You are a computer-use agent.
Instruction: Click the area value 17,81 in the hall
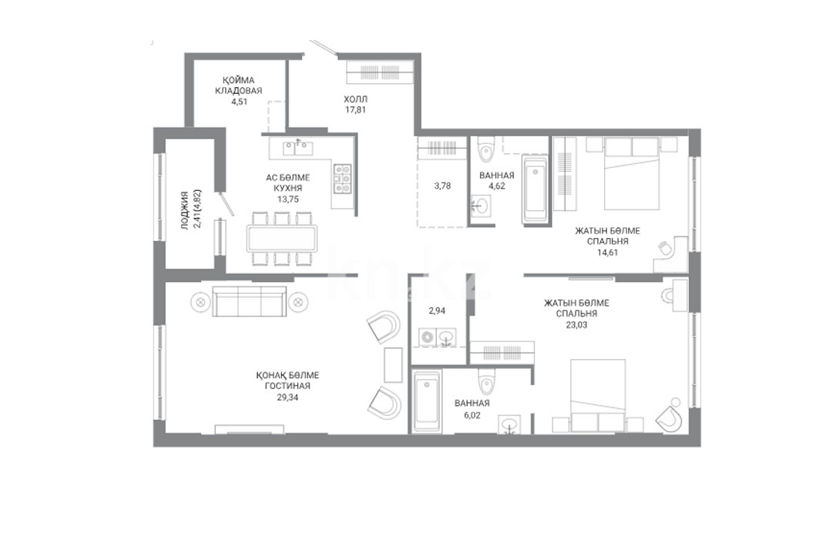coord(355,109)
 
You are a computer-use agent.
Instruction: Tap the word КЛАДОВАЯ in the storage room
coord(239,91)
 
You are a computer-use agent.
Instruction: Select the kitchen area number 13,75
coord(288,199)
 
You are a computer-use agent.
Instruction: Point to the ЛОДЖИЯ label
coord(184,210)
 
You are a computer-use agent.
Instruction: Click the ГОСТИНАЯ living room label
coord(287,386)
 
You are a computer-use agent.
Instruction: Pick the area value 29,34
coord(287,397)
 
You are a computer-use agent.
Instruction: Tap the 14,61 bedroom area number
coord(607,252)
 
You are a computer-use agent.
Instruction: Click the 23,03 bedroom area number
coord(576,325)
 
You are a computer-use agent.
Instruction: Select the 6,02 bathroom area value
coord(472,416)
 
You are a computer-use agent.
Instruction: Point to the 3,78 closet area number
coord(442,186)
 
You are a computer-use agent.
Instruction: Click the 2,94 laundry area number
coord(437,310)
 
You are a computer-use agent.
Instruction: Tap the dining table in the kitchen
coord(282,239)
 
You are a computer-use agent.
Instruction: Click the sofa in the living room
coord(250,301)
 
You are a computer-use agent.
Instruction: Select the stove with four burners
coord(343,179)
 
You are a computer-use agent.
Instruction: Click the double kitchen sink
coord(297,149)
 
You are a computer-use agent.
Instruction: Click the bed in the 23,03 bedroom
coord(598,395)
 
